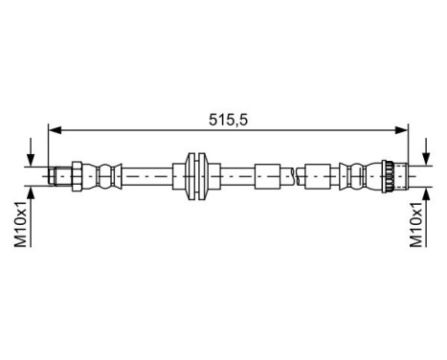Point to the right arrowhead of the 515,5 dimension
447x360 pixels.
403,127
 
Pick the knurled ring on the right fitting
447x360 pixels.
388,174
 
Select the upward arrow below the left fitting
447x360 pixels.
34,193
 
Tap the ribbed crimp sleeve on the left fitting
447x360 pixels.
106,174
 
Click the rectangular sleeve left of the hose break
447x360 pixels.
267,174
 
